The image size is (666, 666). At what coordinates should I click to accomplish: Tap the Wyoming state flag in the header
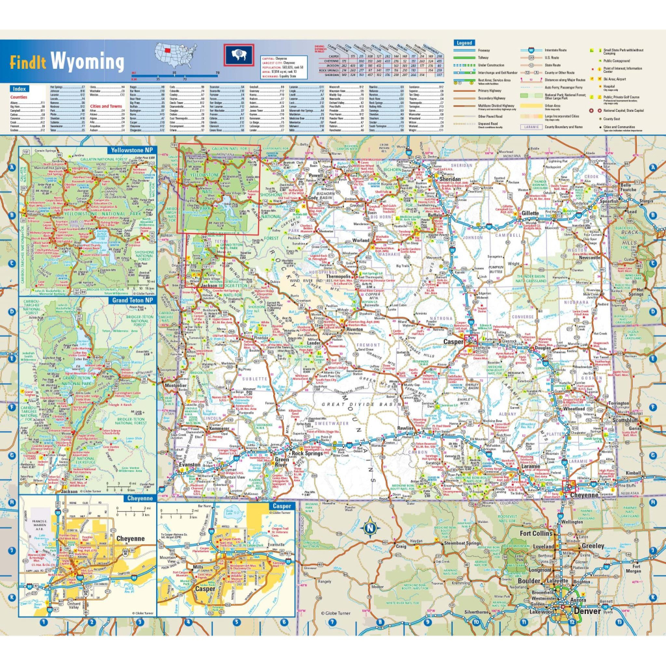tap(239, 55)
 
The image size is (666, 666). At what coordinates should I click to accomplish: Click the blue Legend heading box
tap(464, 43)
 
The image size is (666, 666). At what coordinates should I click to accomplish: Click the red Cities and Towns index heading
tap(105, 106)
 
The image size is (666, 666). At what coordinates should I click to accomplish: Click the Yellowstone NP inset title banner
tap(132, 150)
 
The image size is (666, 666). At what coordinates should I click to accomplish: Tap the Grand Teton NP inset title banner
tap(132, 301)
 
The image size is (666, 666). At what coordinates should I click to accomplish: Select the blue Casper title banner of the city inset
tap(282, 505)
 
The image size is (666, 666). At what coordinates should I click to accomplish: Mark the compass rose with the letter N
tap(369, 527)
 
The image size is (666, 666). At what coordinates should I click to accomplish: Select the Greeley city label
tap(593, 546)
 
